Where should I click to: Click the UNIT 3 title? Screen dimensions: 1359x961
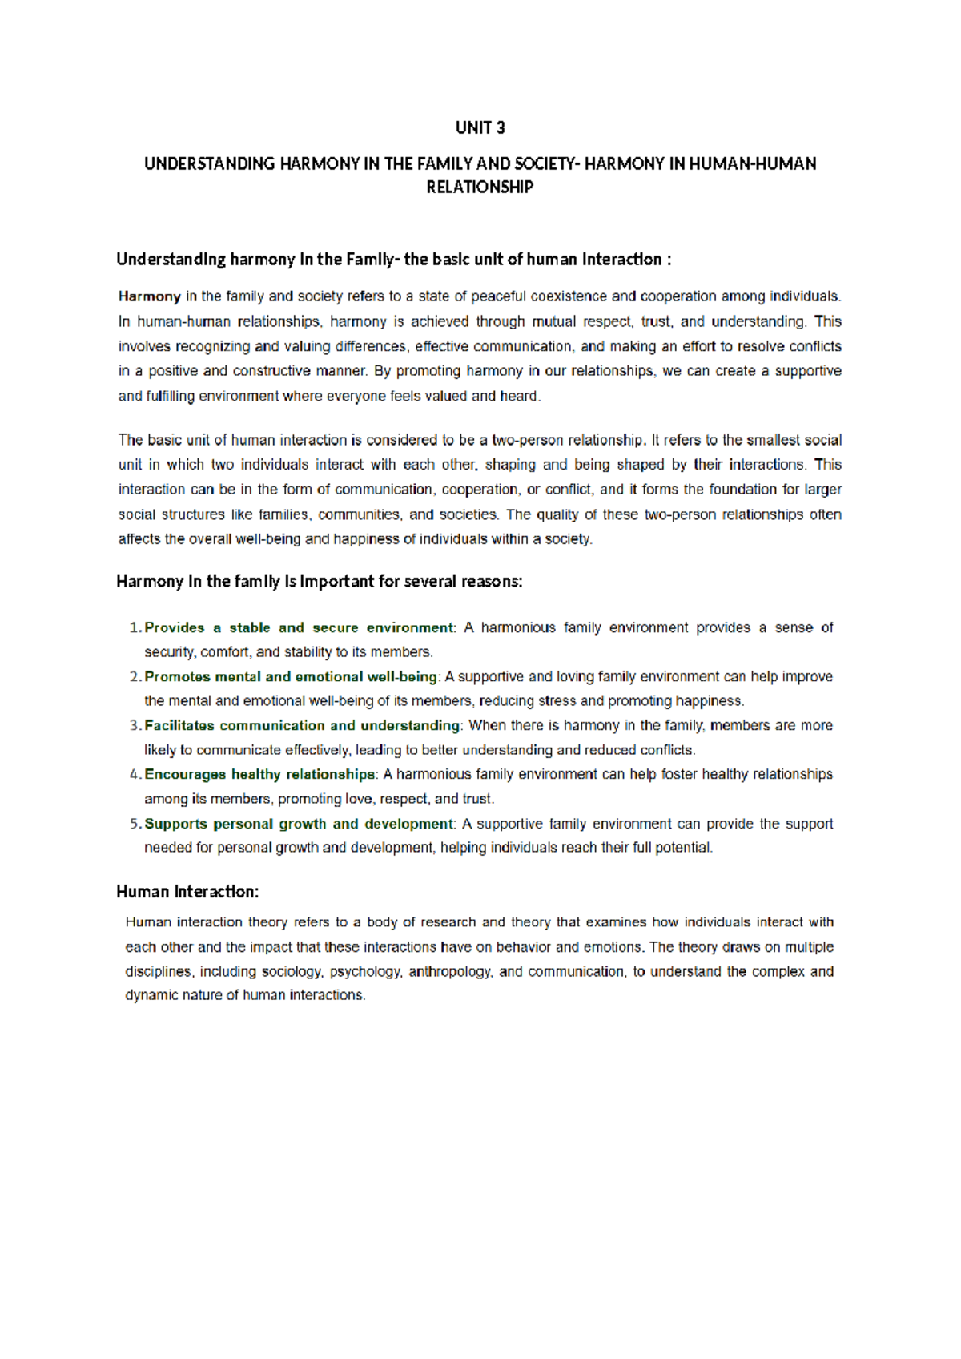pos(480,127)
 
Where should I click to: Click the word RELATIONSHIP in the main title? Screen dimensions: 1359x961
pos(480,187)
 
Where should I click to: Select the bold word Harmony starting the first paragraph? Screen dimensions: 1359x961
pos(149,296)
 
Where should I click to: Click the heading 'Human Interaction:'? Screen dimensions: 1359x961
pos(187,892)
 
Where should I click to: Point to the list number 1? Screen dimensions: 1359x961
pos(135,627)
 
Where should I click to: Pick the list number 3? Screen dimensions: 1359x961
pos(135,725)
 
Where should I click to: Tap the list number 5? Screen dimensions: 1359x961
pos(135,824)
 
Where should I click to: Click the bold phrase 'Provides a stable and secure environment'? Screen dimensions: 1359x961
pos(299,627)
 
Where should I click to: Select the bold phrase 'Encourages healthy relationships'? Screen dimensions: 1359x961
pos(259,774)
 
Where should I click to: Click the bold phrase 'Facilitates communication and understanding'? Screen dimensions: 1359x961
pos(302,725)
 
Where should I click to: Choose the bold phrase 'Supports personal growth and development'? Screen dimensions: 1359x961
pos(299,824)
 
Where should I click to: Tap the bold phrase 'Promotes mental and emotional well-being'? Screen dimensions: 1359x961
pos(291,676)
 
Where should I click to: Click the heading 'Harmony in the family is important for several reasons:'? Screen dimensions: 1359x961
pos(319,581)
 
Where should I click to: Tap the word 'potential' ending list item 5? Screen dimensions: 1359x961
pos(683,848)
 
